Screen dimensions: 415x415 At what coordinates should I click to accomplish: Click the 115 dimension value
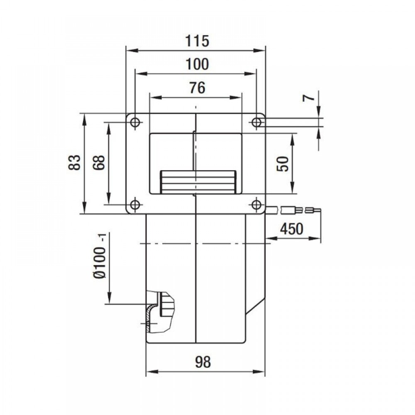point(197,41)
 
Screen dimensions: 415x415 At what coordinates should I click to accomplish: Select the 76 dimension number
point(197,88)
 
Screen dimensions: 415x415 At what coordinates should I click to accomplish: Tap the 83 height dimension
point(74,162)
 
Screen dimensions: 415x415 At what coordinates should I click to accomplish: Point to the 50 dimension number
point(283,164)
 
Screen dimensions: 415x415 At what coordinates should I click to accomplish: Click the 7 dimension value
point(309,98)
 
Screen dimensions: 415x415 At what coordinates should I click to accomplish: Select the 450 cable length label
point(292,229)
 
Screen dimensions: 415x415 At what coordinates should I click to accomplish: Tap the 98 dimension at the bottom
point(203,362)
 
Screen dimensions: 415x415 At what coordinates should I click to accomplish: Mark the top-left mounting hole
point(135,122)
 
